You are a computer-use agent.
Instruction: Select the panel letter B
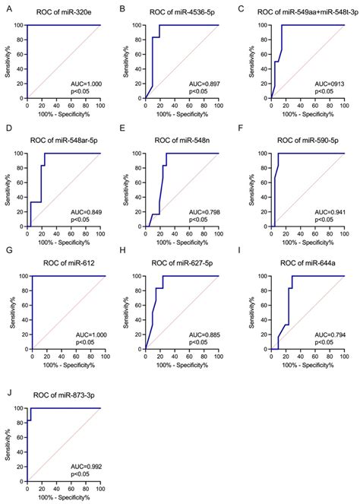pyautogui.click(x=123, y=9)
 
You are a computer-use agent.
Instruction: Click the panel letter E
pyautogui.click(x=123, y=139)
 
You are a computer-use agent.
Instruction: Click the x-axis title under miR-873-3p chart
pyautogui.click(x=64, y=497)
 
